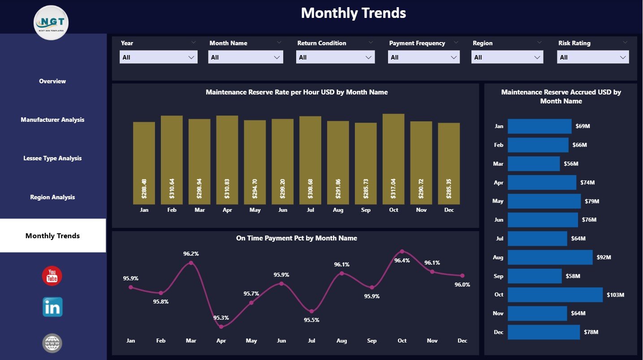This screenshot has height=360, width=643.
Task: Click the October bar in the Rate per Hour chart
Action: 393,159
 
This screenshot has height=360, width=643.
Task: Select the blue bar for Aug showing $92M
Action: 550,257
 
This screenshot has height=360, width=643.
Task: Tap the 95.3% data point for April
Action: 221,326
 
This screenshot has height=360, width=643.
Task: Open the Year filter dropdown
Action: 158,57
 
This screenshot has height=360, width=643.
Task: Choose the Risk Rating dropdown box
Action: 592,57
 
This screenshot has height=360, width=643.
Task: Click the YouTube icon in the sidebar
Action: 52,275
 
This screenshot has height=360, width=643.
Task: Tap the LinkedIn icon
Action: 52,307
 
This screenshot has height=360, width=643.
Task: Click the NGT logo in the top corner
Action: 51,22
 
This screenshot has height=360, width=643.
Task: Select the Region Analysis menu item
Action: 52,197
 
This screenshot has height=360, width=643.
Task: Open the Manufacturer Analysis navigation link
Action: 52,120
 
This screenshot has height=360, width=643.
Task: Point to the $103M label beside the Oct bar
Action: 615,295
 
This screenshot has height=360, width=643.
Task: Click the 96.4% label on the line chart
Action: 402,261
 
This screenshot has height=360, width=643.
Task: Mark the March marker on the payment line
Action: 191,263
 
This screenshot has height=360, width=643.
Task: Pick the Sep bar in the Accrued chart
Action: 534,276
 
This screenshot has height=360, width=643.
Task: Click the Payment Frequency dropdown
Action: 423,57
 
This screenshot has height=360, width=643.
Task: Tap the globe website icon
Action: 52,343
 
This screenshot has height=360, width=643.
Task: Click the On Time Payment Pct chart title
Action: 296,238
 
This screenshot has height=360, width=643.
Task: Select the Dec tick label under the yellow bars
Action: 449,210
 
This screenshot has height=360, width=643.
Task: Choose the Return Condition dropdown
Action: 336,57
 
